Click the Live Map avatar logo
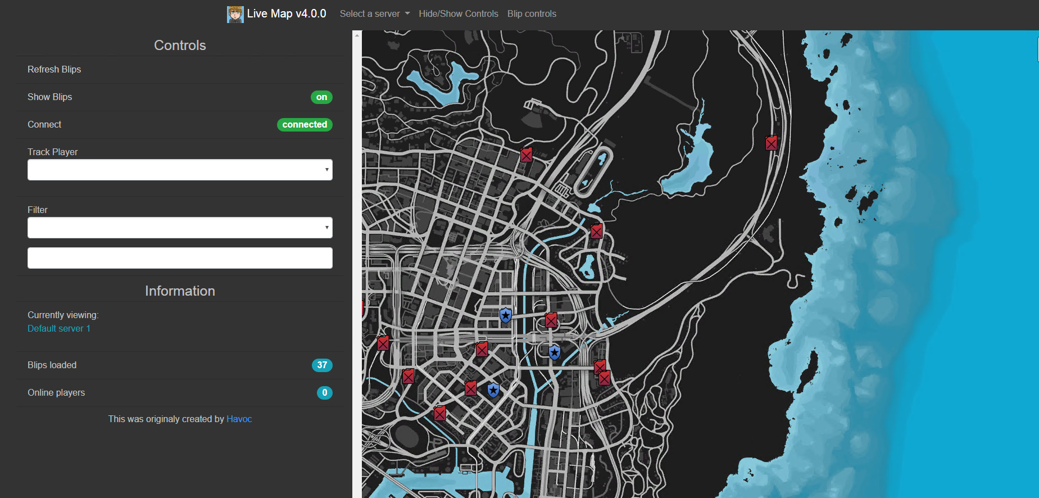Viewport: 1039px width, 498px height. pyautogui.click(x=235, y=14)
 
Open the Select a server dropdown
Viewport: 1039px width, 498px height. pyautogui.click(x=374, y=14)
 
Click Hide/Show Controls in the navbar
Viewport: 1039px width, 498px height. pyautogui.click(x=458, y=14)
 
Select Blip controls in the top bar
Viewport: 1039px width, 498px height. pyautogui.click(x=532, y=14)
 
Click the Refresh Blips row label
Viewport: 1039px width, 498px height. pyautogui.click(x=55, y=70)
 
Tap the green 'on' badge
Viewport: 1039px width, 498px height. pyautogui.click(x=321, y=97)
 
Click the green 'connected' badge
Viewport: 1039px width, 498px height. pyautogui.click(x=305, y=125)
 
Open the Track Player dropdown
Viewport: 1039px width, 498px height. pyautogui.click(x=180, y=170)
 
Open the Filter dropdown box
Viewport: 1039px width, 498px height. pyautogui.click(x=180, y=228)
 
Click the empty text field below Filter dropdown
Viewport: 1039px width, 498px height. pyautogui.click(x=180, y=258)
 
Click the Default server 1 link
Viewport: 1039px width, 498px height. pyautogui.click(x=59, y=329)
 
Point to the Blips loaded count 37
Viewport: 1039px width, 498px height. pyautogui.click(x=322, y=365)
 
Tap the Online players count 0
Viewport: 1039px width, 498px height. pyautogui.click(x=324, y=393)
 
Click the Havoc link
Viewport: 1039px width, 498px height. pyautogui.click(x=239, y=419)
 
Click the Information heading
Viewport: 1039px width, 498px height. pyautogui.click(x=180, y=291)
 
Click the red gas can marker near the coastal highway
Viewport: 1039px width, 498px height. pyautogui.click(x=772, y=143)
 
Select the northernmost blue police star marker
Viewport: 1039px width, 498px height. pyautogui.click(x=506, y=315)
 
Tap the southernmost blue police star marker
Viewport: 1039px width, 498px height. pyautogui.click(x=493, y=390)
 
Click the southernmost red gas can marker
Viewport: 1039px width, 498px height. pyautogui.click(x=440, y=413)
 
